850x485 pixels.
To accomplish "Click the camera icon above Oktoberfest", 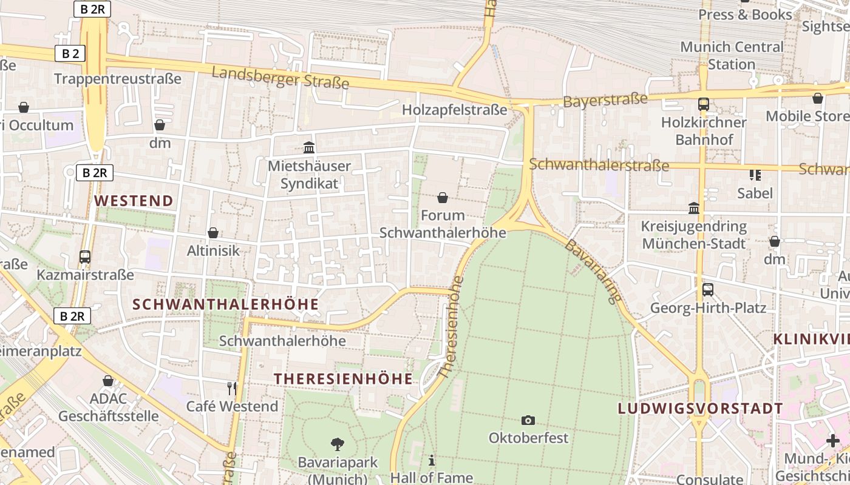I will point(528,420).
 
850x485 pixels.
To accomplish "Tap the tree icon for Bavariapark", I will point(338,444).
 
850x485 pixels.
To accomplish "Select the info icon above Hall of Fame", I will point(432,460).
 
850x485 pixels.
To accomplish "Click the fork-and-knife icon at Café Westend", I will point(231,388).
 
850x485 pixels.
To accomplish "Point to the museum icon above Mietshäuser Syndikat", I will point(309,147).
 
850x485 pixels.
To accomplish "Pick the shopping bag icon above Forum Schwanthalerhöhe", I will point(443,198).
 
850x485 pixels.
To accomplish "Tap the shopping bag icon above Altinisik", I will point(213,233).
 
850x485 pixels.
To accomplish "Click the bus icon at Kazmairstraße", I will point(85,257).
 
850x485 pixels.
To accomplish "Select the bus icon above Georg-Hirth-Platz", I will point(708,290).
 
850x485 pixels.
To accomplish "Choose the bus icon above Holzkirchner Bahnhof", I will point(704,104).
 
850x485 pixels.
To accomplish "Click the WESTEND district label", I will point(134,201).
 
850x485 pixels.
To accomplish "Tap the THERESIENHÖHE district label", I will point(343,379).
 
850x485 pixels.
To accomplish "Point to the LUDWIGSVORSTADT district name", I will point(701,409).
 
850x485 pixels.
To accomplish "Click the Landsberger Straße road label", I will point(280,77).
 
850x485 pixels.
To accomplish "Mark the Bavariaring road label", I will point(594,271).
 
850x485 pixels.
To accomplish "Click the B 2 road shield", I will point(70,53).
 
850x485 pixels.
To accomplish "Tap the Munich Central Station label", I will point(732,55).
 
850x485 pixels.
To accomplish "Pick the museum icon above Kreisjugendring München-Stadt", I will point(693,209).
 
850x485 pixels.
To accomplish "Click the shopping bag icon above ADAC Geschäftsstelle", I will point(108,381).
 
